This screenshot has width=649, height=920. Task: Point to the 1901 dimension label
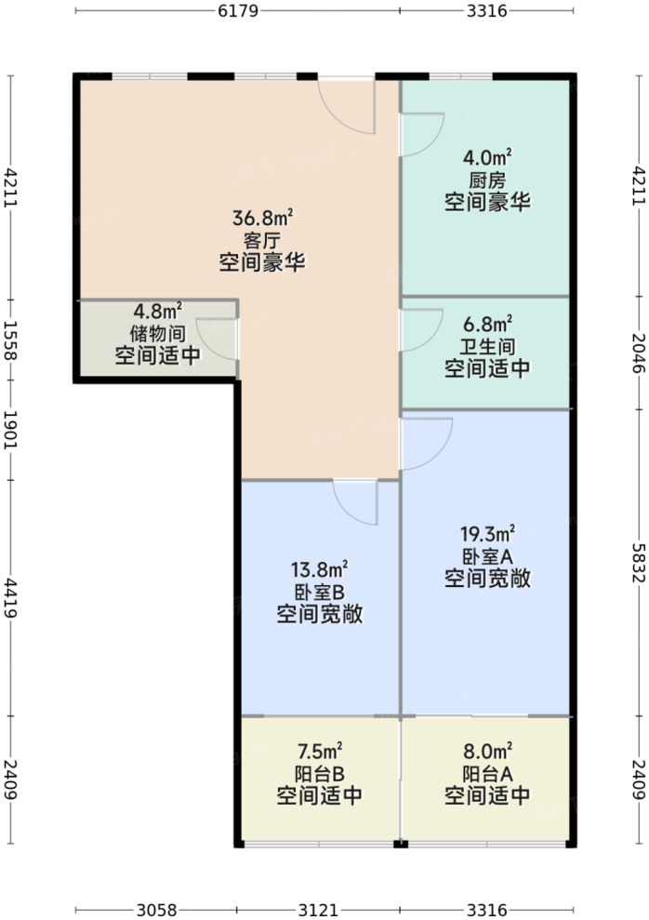10,431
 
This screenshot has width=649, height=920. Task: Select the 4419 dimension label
10,597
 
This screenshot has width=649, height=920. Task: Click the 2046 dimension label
638,353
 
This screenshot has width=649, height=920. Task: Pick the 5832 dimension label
638,564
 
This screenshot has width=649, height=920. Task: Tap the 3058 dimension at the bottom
156,909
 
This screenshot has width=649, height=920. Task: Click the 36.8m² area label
263,219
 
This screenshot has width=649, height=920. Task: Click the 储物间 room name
157,332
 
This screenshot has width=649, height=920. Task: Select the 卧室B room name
319,591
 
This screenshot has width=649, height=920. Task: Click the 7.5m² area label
319,751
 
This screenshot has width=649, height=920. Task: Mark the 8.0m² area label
487,751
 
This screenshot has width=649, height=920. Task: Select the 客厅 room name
263,240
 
